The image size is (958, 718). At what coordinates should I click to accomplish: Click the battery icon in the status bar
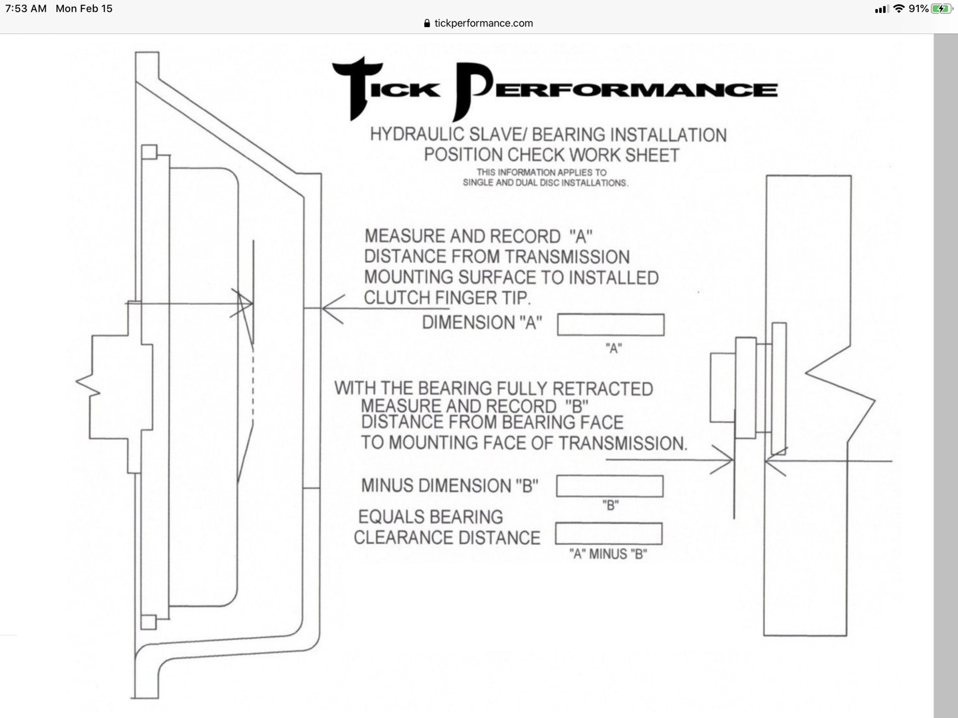[942, 9]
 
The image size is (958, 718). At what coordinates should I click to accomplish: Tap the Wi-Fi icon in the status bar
[899, 9]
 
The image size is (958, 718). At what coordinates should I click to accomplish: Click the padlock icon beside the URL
[427, 23]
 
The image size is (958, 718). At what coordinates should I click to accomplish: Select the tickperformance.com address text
[483, 23]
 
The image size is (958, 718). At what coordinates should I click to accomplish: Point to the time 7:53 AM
[26, 9]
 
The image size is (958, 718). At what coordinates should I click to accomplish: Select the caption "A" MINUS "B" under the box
[608, 554]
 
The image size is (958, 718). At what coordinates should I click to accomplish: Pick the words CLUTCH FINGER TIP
[447, 298]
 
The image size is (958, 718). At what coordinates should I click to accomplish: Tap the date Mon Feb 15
[84, 9]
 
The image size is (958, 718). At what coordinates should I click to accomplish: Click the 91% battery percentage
[918, 9]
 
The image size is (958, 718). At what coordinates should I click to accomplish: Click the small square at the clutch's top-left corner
[149, 152]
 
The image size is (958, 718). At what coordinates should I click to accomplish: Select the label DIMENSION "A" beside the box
[482, 323]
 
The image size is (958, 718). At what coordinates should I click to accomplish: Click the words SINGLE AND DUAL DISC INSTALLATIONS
[545, 183]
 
